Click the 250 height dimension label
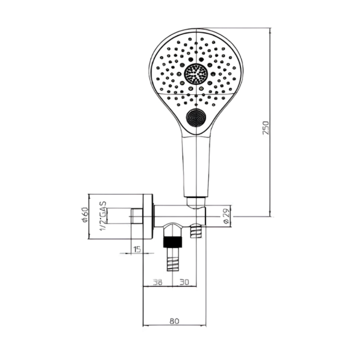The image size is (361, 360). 265,128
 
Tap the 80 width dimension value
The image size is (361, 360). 174,321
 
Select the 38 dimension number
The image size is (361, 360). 158,282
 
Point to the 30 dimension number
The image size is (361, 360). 184,282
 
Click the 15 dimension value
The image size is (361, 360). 137,249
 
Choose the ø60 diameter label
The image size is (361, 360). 85,215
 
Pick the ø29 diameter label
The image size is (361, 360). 226,216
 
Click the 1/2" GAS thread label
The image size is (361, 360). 103,216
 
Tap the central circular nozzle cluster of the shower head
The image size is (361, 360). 196,74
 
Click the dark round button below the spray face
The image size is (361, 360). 196,118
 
